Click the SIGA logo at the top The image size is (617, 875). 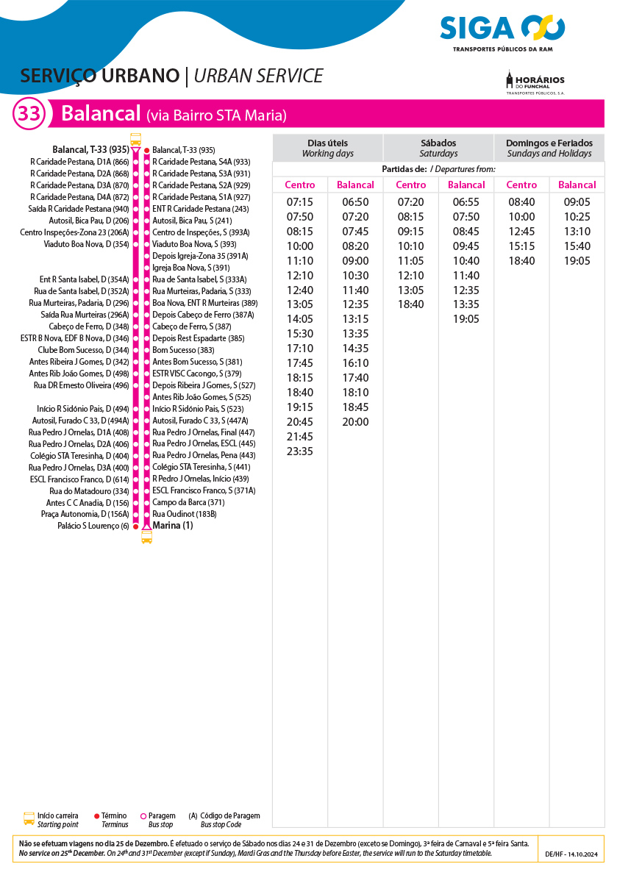coord(502,29)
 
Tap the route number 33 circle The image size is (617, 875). coord(29,114)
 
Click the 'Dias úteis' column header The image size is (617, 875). coord(327,148)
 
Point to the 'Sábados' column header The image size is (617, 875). coord(438,148)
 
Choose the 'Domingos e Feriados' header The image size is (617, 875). coord(549,148)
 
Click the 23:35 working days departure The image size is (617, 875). coord(300,451)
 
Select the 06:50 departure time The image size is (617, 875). coord(355,202)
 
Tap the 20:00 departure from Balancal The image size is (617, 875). coord(355,422)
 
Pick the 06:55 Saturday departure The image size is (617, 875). coord(466,202)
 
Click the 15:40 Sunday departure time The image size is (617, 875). coord(577,246)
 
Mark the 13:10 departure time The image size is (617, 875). coord(577,232)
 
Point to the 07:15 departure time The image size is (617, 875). coord(300,202)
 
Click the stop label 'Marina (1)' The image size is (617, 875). coord(173,526)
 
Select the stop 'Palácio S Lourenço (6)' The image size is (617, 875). coord(93,526)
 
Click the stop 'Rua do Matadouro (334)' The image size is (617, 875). coord(89,490)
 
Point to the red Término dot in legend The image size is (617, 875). coord(97,815)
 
